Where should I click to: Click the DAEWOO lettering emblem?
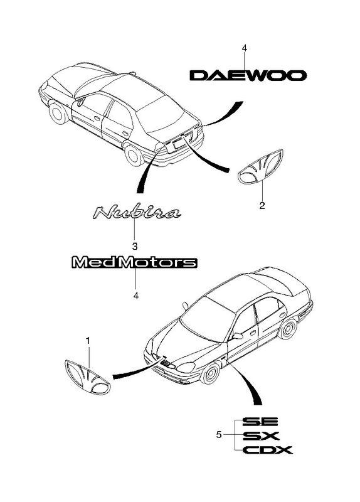(x=248, y=75)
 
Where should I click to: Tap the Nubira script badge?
(x=137, y=213)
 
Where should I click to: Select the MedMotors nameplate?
(x=134, y=262)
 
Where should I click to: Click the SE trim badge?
(x=260, y=421)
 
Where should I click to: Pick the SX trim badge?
(x=261, y=435)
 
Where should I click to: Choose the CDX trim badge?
(x=268, y=450)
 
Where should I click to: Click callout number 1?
(x=88, y=341)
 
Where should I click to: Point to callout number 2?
(x=262, y=206)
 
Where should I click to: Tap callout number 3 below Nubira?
(x=135, y=246)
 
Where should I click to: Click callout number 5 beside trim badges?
(x=219, y=435)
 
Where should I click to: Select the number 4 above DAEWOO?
(x=245, y=48)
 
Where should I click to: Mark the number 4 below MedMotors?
(x=136, y=296)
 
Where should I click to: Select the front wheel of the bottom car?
(x=210, y=373)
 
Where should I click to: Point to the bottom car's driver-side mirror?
(x=238, y=336)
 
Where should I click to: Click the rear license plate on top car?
(x=178, y=144)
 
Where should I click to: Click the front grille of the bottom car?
(x=166, y=363)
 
